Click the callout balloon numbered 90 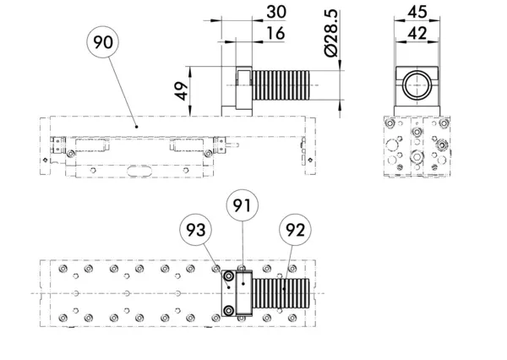(x=103, y=42)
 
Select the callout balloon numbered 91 (x=243, y=205)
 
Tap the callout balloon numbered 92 (x=295, y=230)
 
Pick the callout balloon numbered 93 (x=196, y=230)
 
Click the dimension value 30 (x=276, y=12)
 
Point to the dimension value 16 (x=275, y=33)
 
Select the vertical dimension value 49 (x=182, y=91)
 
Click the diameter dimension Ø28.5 (x=331, y=33)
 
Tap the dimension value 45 (x=417, y=12)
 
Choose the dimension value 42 (x=417, y=33)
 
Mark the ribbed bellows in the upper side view (x=281, y=85)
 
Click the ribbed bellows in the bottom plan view (x=281, y=293)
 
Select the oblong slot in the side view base (x=139, y=171)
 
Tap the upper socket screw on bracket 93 (x=229, y=276)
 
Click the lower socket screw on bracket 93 (x=229, y=311)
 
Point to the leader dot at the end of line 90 (x=136, y=127)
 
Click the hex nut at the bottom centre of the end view (x=417, y=157)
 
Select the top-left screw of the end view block (x=390, y=123)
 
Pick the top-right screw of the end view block (x=444, y=123)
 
